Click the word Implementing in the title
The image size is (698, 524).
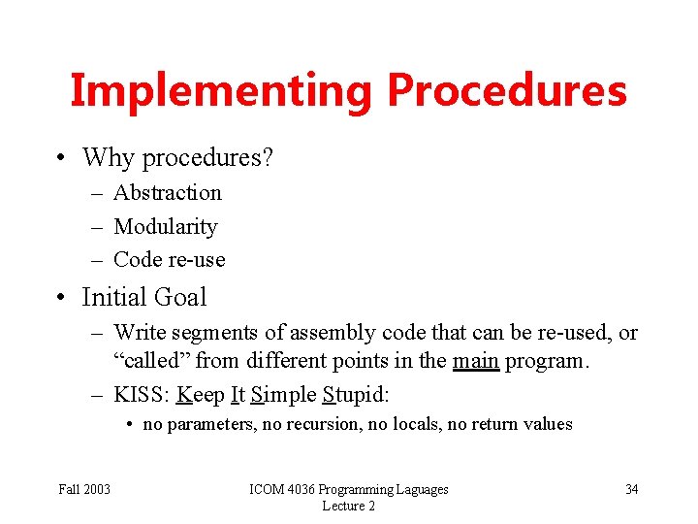coord(221,91)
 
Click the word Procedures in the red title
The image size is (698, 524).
coord(506,91)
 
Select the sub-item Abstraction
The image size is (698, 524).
coord(168,193)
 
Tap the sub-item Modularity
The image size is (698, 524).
coord(166,227)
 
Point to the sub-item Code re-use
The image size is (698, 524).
coord(170,260)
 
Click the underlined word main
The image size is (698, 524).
coord(476,362)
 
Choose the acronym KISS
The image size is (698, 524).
coord(140,394)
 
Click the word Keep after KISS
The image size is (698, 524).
coord(200,394)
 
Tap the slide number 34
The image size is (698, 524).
coord(631,489)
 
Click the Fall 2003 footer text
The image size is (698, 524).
coord(84,489)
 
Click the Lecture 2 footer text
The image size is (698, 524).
coord(348,506)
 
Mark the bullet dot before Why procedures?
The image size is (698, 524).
coord(61,158)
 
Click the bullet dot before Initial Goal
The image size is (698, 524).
coord(61,298)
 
